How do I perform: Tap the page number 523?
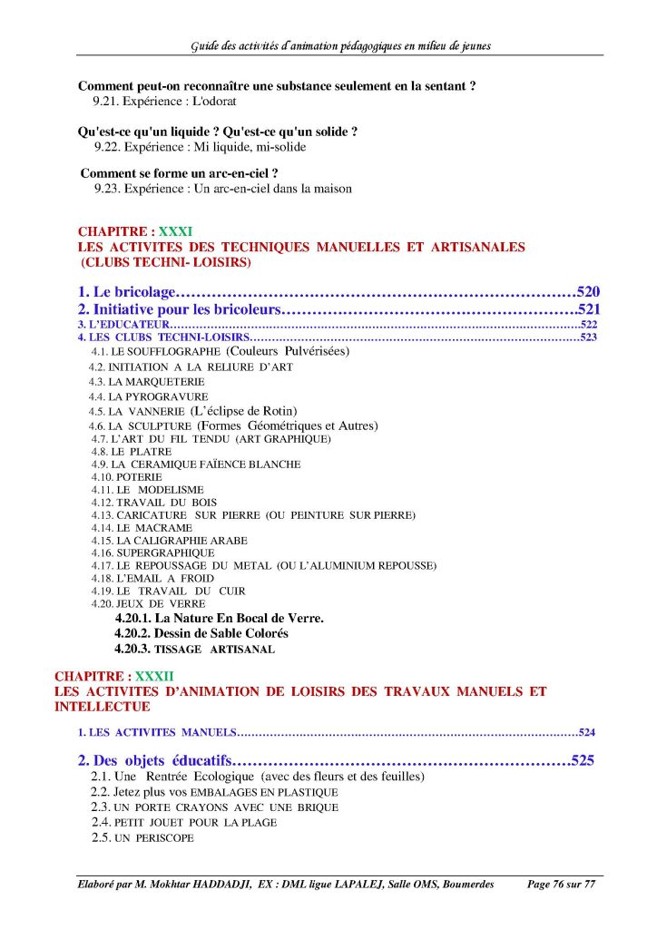click(x=588, y=337)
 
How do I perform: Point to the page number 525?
click(x=582, y=760)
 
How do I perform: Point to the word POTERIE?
click(x=139, y=476)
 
